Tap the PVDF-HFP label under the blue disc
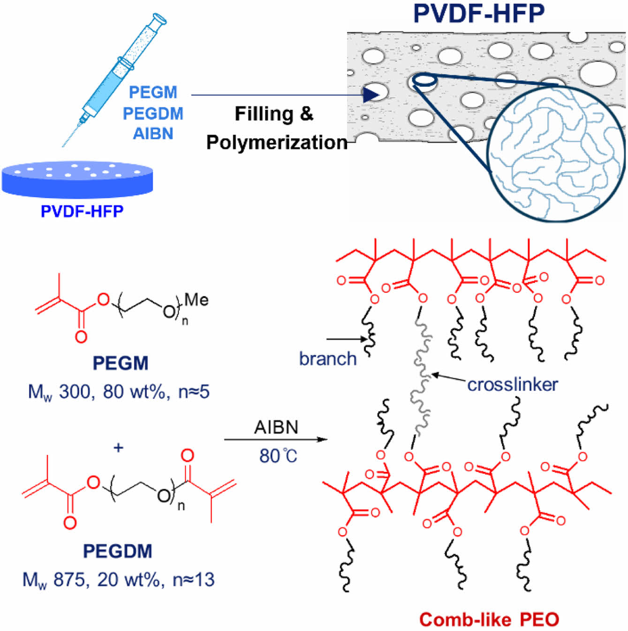pyautogui.click(x=82, y=211)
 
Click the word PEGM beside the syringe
pyautogui.click(x=153, y=92)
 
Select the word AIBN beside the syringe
pyautogui.click(x=153, y=134)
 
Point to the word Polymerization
pyautogui.click(x=277, y=142)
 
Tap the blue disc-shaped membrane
pyautogui.click(x=77, y=181)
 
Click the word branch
pyautogui.click(x=328, y=359)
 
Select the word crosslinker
pyautogui.click(x=513, y=385)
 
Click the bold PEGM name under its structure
pyautogui.click(x=121, y=363)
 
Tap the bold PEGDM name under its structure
pyautogui.click(x=118, y=551)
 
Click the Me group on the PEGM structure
pyautogui.click(x=197, y=300)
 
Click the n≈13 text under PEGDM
pyautogui.click(x=194, y=580)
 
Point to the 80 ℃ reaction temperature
pyautogui.click(x=278, y=456)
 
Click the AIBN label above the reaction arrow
pyautogui.click(x=276, y=427)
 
